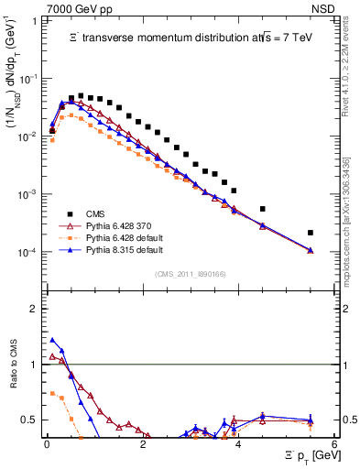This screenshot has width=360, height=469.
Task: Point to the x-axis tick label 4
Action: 238,445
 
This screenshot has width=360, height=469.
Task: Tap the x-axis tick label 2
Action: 142,445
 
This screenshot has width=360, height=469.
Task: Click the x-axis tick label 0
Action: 46,445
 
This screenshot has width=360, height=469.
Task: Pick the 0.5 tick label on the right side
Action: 348,420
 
